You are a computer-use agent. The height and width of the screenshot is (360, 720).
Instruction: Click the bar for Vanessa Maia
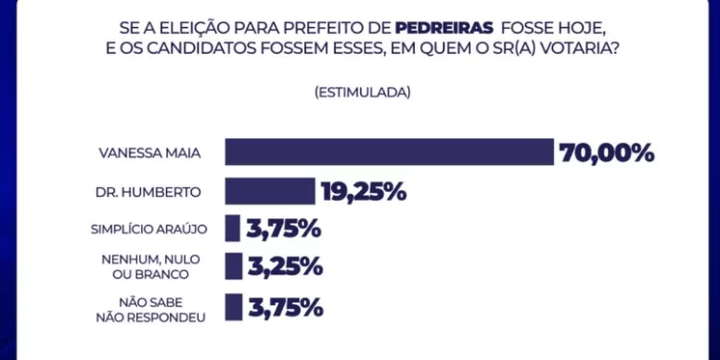click(390, 153)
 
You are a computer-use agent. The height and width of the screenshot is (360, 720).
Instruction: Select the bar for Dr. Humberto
click(270, 191)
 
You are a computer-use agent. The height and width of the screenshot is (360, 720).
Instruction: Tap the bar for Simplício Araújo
click(232, 228)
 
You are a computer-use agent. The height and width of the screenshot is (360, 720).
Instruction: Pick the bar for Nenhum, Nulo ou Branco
click(232, 267)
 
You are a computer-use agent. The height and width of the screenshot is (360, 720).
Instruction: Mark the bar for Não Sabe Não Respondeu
click(232, 306)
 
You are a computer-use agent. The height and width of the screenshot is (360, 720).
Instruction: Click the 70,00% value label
click(608, 153)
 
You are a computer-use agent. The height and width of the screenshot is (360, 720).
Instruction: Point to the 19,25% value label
click(365, 191)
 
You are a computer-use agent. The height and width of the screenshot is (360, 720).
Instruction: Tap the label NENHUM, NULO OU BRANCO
click(152, 267)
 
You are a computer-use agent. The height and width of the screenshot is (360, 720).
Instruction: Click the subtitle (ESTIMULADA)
click(362, 93)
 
